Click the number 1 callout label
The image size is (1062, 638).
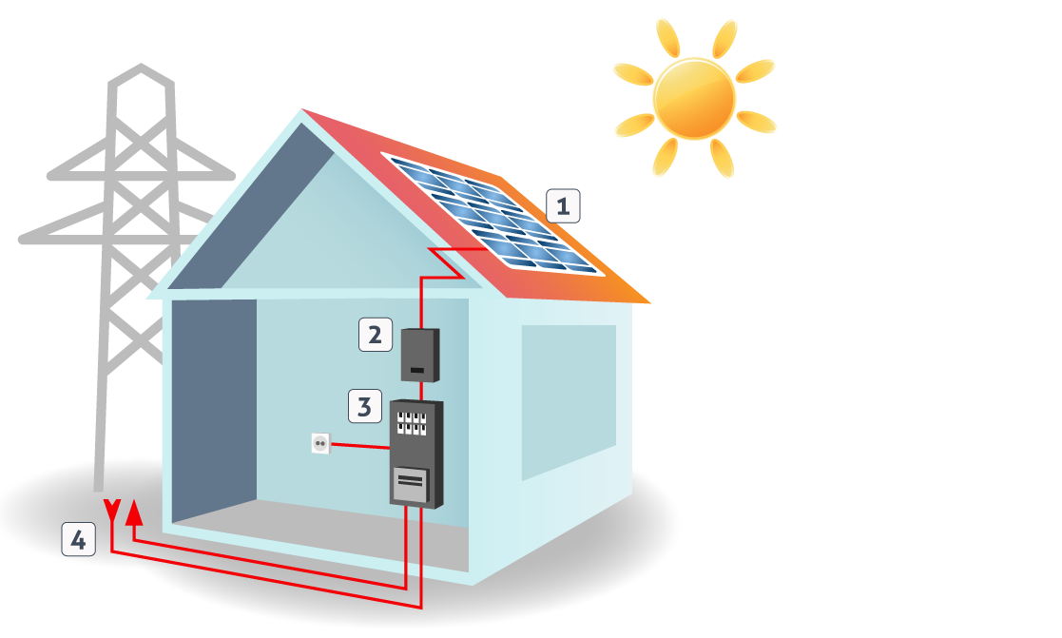point(563,206)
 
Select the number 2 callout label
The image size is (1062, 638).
point(376,335)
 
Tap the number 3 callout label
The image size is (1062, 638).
point(365,406)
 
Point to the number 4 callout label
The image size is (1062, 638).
point(79,540)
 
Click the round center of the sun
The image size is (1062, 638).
point(694,99)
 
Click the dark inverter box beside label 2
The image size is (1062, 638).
point(420,356)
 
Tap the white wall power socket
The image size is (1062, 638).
point(320,444)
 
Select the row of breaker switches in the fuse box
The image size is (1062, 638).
point(412,423)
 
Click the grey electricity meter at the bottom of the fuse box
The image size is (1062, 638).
point(411,486)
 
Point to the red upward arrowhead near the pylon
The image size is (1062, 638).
point(135,512)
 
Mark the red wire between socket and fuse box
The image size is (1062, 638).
point(359,446)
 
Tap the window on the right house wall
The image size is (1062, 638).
point(569,401)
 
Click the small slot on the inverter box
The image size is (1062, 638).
point(417,371)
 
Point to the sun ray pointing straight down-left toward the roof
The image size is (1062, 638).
point(666,157)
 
